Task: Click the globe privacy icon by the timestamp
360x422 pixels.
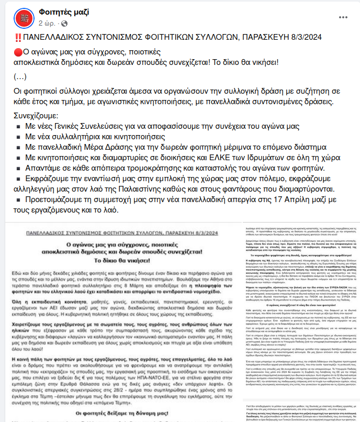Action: pyautogui.click(x=64, y=24)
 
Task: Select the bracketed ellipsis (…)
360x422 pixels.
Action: pyautogui.click(x=20, y=76)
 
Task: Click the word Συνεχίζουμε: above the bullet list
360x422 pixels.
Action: pyautogui.click(x=36, y=115)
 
